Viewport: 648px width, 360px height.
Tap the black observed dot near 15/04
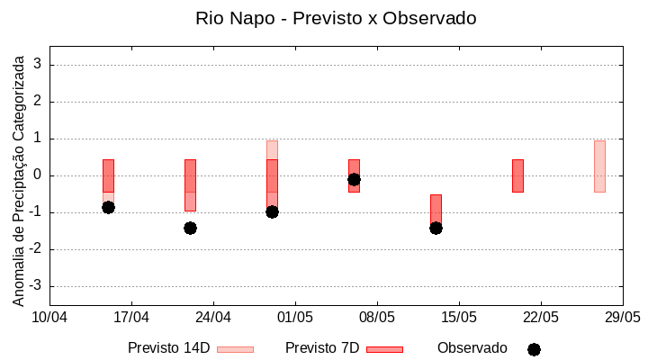(108, 207)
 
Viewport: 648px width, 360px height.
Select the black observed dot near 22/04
(190, 228)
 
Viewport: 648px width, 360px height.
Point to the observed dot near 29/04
(272, 211)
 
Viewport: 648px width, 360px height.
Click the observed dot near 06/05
(354, 179)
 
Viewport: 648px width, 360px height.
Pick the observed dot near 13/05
(436, 228)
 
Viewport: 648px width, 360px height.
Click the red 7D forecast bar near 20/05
(517, 175)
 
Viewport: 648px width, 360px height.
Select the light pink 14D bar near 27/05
(599, 166)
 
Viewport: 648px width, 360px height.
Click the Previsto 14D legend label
(168, 348)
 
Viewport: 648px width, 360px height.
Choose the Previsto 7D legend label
(322, 348)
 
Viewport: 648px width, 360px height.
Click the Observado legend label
(472, 348)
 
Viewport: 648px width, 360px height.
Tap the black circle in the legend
(534, 349)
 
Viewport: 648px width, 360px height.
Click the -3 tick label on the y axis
(36, 286)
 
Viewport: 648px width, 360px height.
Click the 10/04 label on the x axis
(49, 317)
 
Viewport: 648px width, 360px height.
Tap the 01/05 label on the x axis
(295, 317)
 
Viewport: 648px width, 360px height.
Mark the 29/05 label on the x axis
(622, 317)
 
